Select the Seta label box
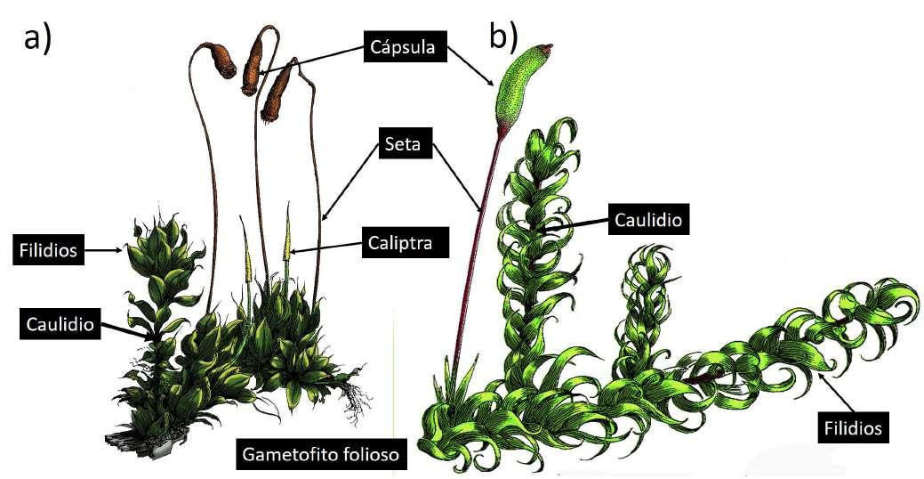[x=405, y=142]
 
